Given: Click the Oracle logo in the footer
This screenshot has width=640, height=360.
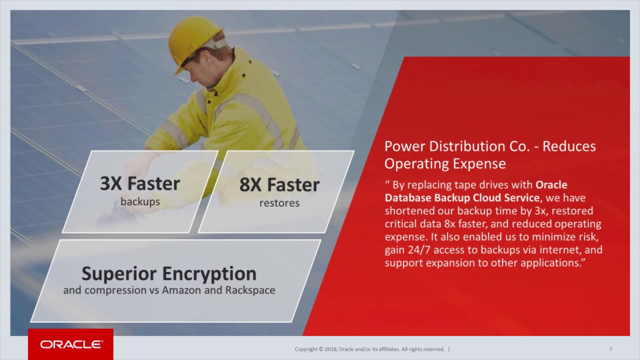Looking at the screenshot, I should pyautogui.click(x=71, y=344).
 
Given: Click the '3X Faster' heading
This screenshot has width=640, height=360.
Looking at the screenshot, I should pyautogui.click(x=140, y=183).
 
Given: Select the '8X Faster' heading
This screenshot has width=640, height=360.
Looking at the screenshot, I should pyautogui.click(x=279, y=185).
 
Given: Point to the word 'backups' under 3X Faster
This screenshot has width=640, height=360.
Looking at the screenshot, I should pyautogui.click(x=140, y=202).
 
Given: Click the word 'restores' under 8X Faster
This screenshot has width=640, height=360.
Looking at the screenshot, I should pyautogui.click(x=279, y=203).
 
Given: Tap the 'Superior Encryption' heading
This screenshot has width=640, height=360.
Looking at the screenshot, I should pyautogui.click(x=169, y=273).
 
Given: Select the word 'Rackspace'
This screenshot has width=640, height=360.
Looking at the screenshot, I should pyautogui.click(x=250, y=290).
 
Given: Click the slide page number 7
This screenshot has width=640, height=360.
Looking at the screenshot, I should pyautogui.click(x=610, y=349).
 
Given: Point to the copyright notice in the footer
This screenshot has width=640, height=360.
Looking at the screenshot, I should pyautogui.click(x=370, y=349).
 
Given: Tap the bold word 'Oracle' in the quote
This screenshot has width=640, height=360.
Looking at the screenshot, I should pyautogui.click(x=551, y=185).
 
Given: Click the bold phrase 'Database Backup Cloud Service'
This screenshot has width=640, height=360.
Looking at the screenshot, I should pyautogui.click(x=462, y=198).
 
